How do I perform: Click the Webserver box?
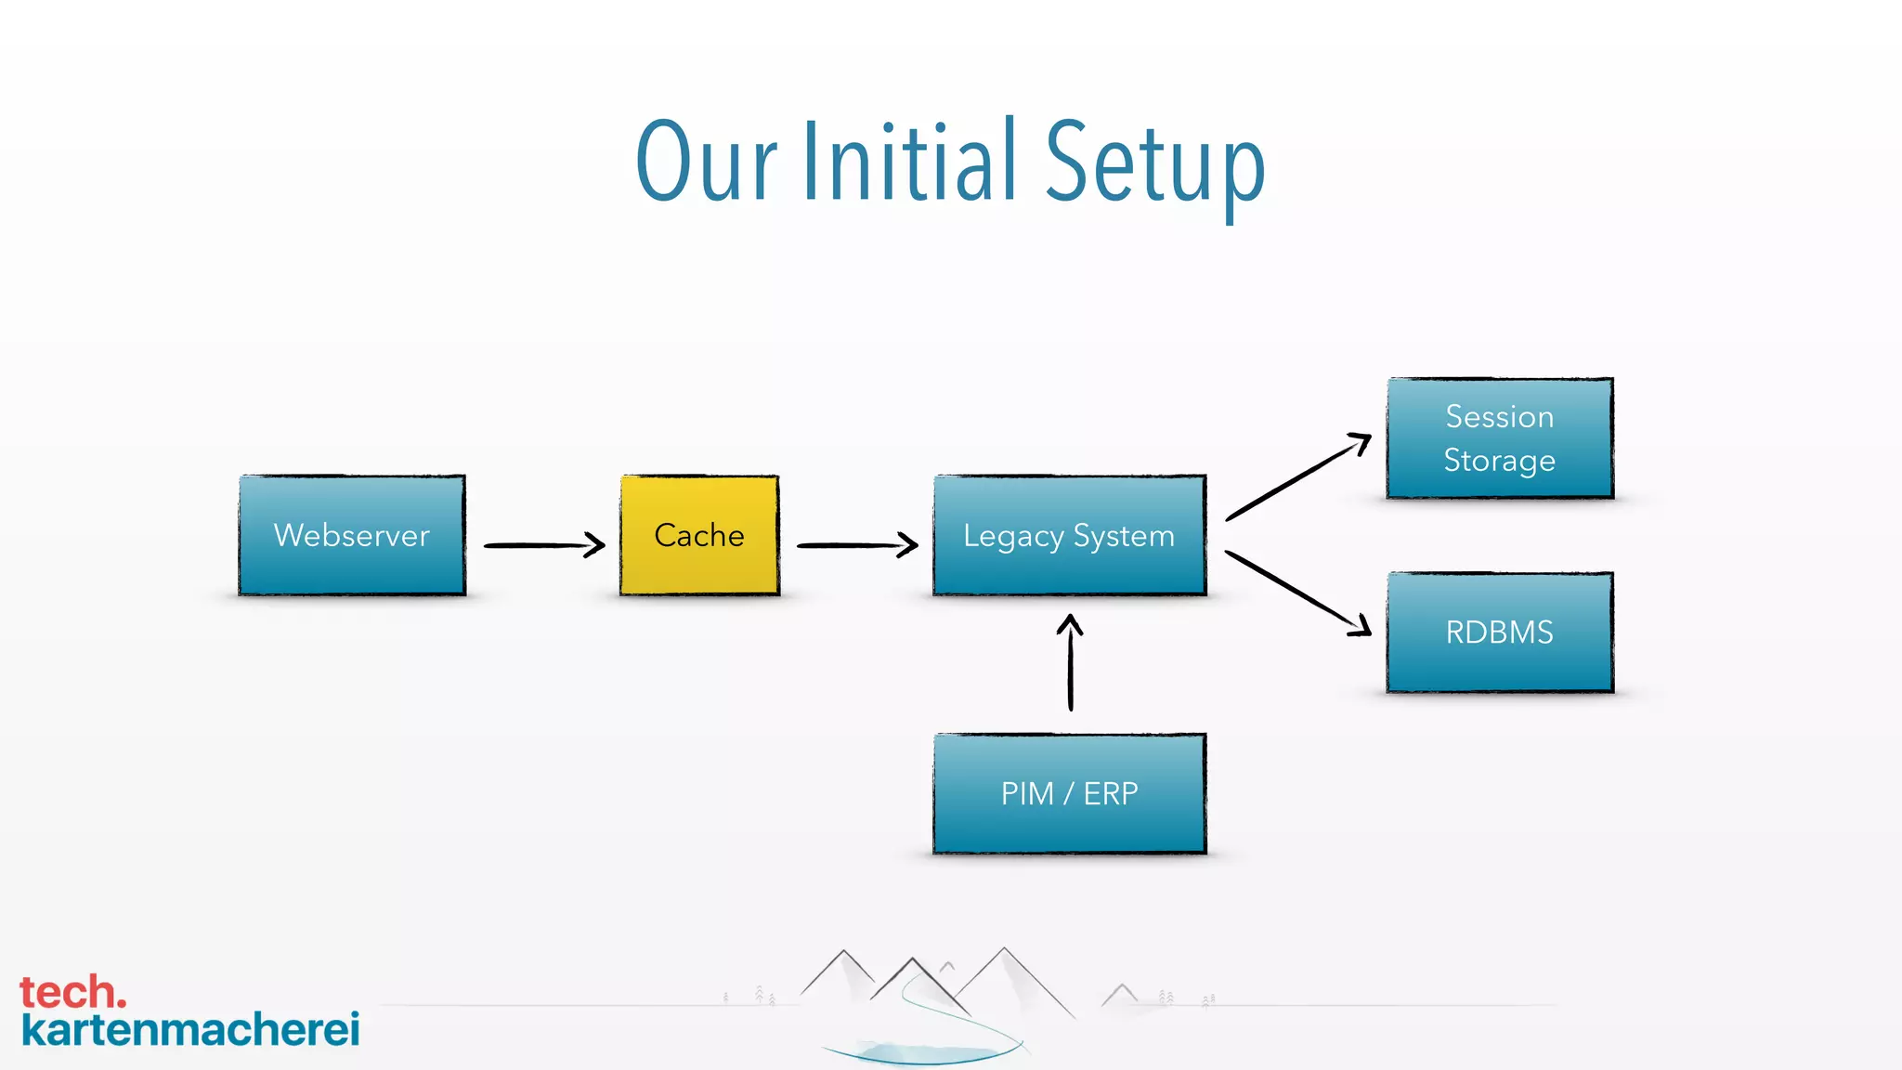352,535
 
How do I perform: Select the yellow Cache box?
699,535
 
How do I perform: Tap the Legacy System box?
1069,535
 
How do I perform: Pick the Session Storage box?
1500,438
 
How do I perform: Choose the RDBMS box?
1500,633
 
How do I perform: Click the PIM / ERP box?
1069,793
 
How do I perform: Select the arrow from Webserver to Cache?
544,545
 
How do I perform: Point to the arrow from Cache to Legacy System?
857,545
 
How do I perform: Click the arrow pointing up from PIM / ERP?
1071,663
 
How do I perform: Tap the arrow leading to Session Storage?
1298,476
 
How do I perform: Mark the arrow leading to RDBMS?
1298,594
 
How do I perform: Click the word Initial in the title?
909,162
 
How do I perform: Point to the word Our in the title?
706,162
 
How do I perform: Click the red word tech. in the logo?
72,992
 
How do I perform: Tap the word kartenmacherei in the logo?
190,1029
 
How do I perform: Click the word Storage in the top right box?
1499,461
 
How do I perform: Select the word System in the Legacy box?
1124,536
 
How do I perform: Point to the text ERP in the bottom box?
1111,793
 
